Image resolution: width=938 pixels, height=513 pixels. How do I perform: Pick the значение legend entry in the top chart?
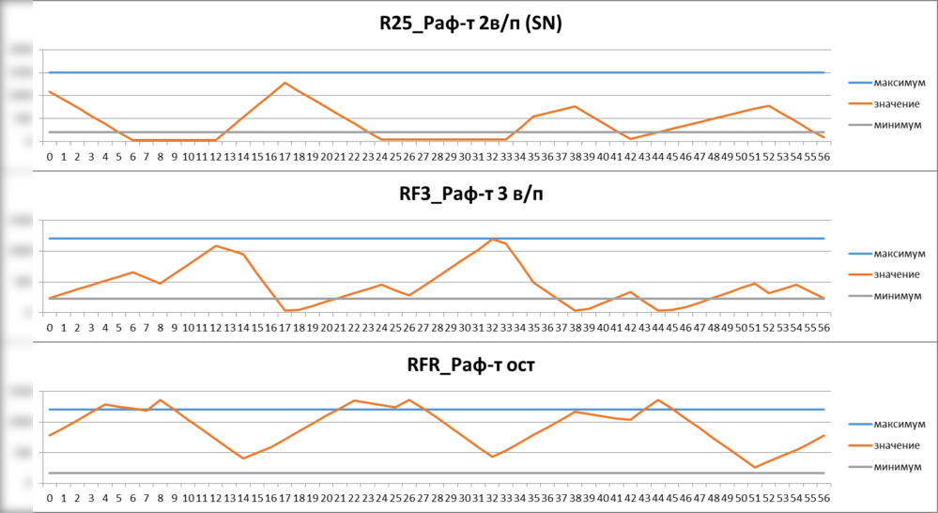point(896,103)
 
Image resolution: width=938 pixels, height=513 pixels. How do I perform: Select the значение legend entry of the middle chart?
point(896,274)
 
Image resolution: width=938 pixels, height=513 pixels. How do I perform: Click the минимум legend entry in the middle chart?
point(896,296)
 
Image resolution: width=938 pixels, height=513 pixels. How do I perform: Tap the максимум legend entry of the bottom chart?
point(896,424)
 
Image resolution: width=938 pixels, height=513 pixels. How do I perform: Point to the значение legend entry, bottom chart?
point(896,445)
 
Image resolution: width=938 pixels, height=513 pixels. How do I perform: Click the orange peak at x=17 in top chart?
point(284,83)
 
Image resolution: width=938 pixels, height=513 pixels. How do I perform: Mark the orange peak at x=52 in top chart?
point(769,105)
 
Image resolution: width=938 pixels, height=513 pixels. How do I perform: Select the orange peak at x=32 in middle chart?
point(492,239)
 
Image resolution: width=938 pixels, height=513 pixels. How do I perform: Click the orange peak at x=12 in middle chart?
point(216,246)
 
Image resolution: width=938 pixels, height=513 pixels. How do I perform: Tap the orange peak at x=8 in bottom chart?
point(161,399)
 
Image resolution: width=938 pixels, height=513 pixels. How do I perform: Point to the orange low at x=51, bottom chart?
point(754,467)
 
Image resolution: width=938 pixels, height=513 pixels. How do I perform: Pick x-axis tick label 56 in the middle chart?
point(823,327)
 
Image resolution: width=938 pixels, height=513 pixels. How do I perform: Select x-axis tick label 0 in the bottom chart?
point(50,498)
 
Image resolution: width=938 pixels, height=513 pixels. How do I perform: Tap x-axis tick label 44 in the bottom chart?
point(658,498)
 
